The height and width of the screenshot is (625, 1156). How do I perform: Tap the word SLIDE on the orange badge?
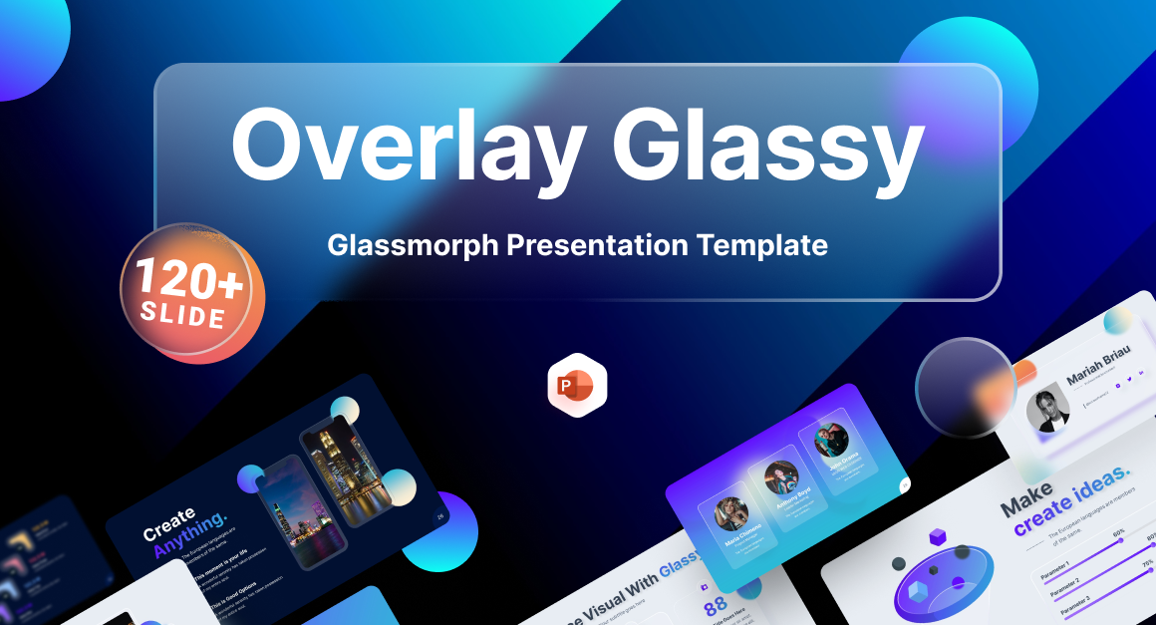pyautogui.click(x=183, y=317)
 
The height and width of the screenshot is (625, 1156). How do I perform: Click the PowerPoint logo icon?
pyautogui.click(x=576, y=385)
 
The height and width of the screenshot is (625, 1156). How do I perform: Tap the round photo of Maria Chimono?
pyautogui.click(x=730, y=514)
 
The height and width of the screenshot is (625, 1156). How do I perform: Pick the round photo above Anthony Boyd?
pyautogui.click(x=780, y=475)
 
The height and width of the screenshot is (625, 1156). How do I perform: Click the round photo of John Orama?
pyautogui.click(x=830, y=440)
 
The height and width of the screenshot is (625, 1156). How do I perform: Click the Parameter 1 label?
pyautogui.click(x=1059, y=575)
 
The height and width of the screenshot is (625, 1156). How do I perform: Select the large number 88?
pyautogui.click(x=716, y=606)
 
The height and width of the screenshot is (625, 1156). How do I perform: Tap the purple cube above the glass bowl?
pyautogui.click(x=938, y=539)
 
